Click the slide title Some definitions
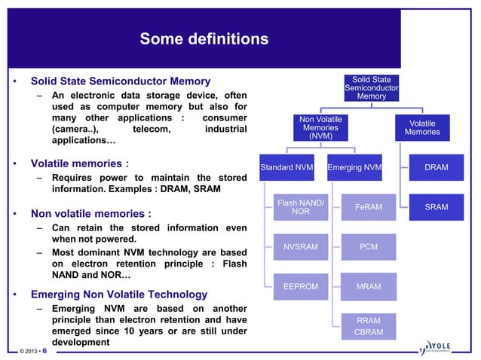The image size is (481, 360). [x=204, y=38]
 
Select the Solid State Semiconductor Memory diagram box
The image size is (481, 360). [x=371, y=87]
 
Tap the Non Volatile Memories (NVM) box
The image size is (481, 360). [x=320, y=127]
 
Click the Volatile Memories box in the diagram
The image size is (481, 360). [x=421, y=127]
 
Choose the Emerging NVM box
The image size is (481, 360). [x=354, y=167]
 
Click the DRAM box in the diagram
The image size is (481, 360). [x=436, y=167]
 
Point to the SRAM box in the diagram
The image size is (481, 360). [x=436, y=206]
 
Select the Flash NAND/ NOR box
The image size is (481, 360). [x=301, y=206]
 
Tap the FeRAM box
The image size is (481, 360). [x=368, y=206]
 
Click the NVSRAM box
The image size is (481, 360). [x=301, y=246]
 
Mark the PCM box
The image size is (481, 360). [x=368, y=246]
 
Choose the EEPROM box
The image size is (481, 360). [x=301, y=286]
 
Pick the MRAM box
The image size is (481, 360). [x=368, y=286]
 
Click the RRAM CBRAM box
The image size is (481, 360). [x=368, y=325]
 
